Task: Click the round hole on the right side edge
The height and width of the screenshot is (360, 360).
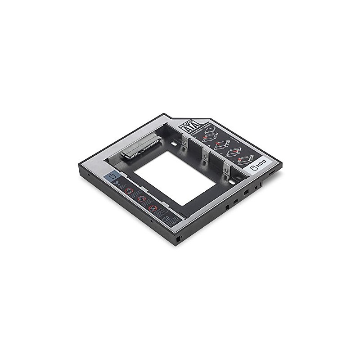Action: [256, 184]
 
